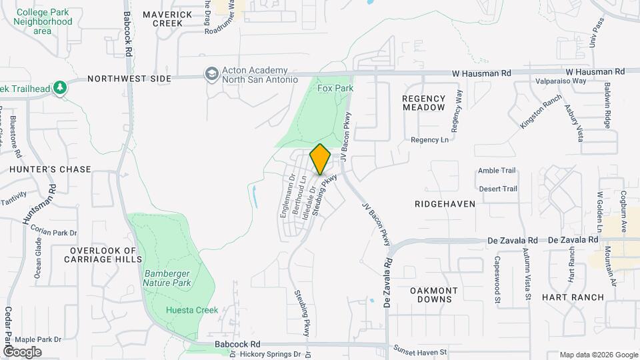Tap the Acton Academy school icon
pyautogui.click(x=212, y=74)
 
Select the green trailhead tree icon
pyautogui.click(x=60, y=87)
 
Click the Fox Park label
pyautogui.click(x=335, y=88)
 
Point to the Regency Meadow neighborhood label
pyautogui.click(x=423, y=103)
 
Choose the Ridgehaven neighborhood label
pyautogui.click(x=445, y=204)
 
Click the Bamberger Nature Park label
pyautogui.click(x=167, y=278)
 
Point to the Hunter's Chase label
pyautogui.click(x=50, y=169)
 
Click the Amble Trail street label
pyautogui.click(x=497, y=171)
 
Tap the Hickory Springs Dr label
pyautogui.click(x=271, y=355)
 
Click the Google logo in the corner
pyautogui.click(x=22, y=352)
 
